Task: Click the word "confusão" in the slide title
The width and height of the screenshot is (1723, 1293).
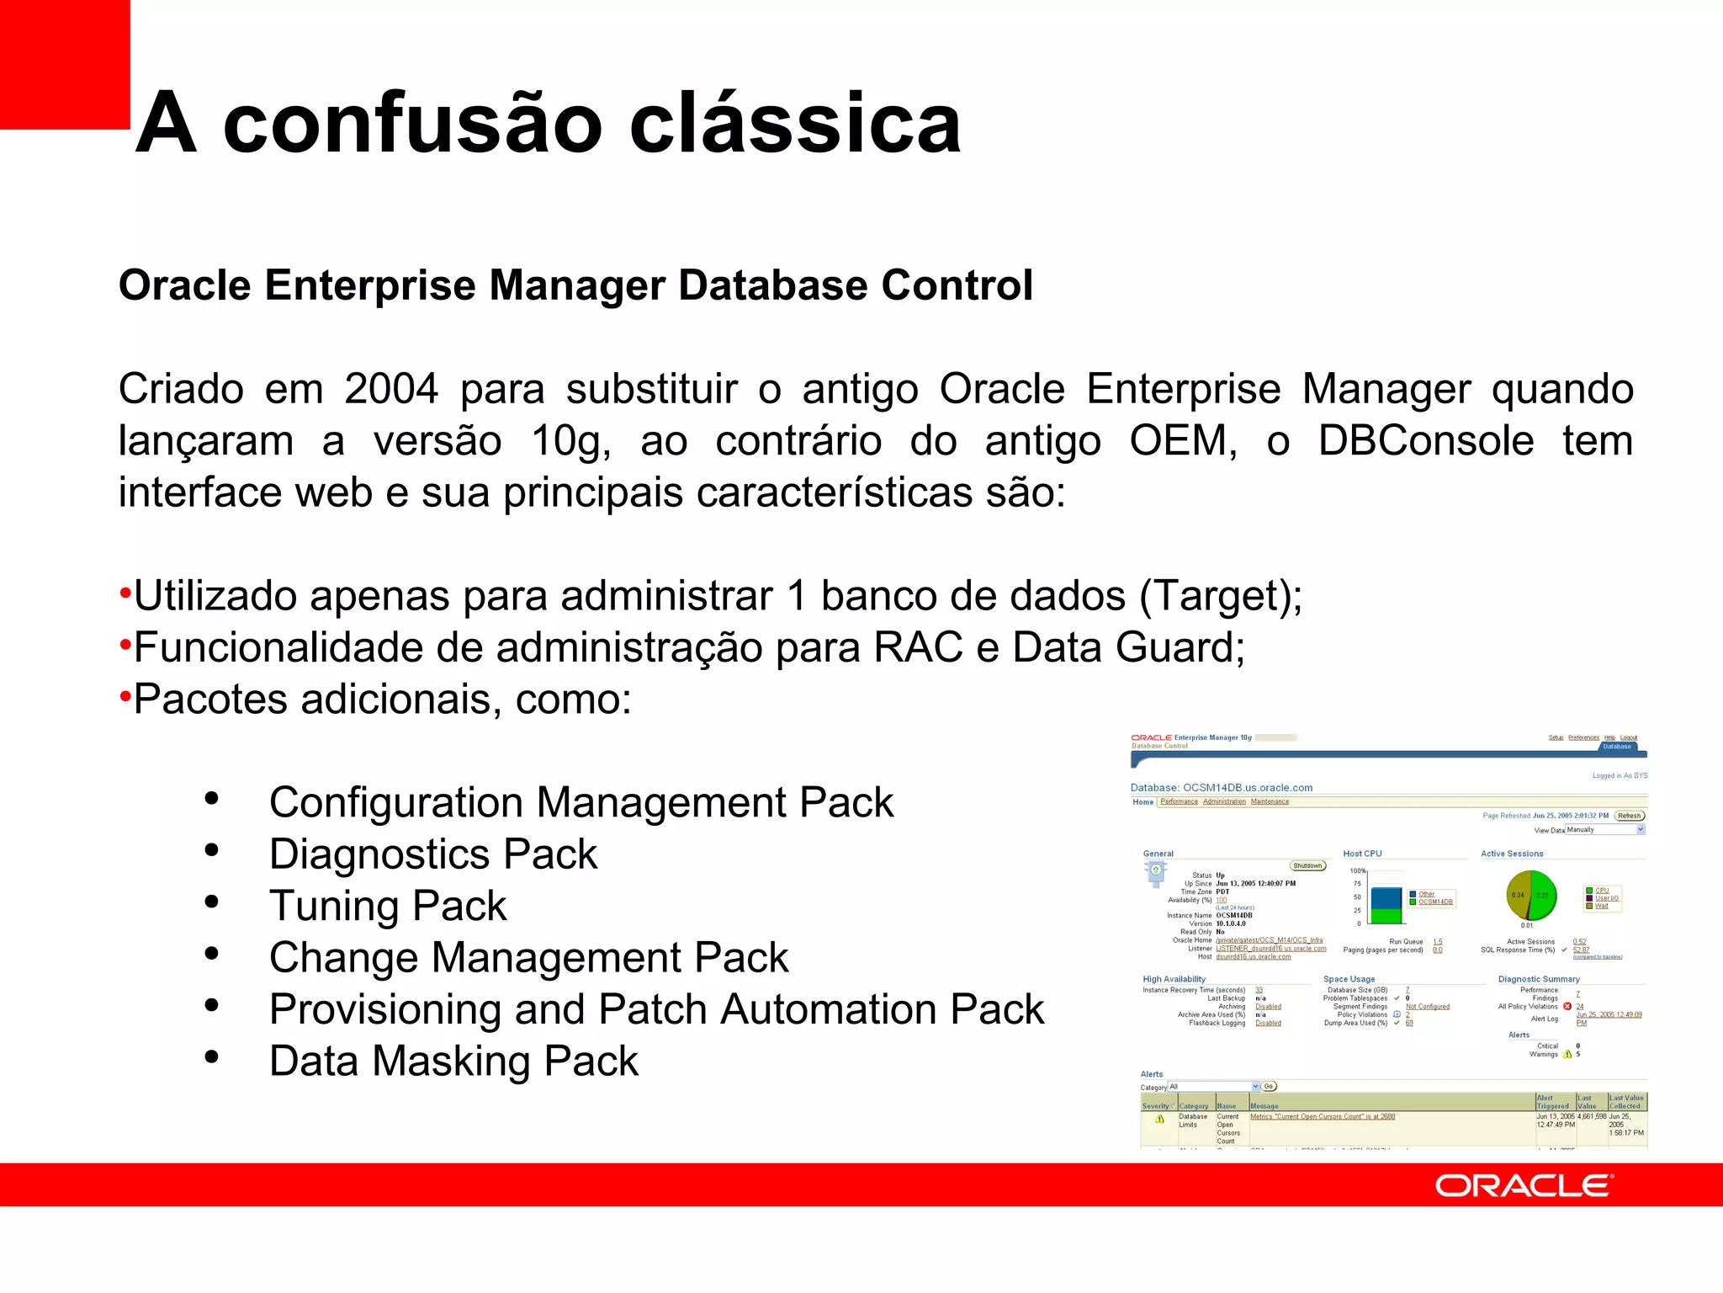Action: [412, 125]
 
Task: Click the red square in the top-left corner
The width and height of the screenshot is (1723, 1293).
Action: [64, 63]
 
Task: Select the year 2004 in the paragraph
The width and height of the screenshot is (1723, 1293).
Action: [391, 389]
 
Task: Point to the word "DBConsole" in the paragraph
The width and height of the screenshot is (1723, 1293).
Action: [1426, 441]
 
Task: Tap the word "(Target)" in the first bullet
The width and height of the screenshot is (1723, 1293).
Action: [1220, 596]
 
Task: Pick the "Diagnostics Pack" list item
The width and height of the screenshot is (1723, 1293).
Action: [432, 854]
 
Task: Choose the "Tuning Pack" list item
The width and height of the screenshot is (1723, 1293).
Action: [388, 907]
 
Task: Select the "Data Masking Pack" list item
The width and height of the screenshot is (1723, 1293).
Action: [453, 1061]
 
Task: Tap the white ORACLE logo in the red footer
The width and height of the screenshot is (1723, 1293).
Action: [1524, 1185]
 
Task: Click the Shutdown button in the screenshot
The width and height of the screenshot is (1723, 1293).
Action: [1307, 865]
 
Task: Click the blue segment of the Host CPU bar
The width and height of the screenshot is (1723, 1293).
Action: [1386, 897]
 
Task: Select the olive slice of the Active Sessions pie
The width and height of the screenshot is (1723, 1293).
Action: [1518, 895]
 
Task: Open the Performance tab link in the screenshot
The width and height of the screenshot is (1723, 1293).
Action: [1179, 801]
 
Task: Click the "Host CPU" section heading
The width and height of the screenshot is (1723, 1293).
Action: [1362, 854]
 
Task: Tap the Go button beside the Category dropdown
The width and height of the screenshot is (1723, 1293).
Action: [1269, 1087]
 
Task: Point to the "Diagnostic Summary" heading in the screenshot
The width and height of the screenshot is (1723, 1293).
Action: [1539, 979]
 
